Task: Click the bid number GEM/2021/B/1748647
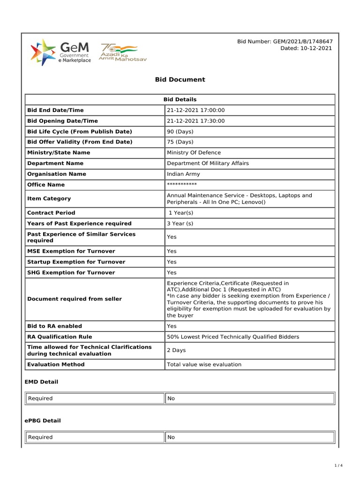(285, 42)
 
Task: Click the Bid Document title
(180, 80)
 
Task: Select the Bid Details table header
(180, 99)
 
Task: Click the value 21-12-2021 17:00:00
(196, 110)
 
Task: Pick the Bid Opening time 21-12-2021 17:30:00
(196, 121)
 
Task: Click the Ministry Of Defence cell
(194, 153)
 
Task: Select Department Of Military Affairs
(208, 164)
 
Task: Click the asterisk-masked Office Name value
(182, 185)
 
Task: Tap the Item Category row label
(49, 199)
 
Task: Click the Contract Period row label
(51, 213)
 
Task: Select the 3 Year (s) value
(180, 224)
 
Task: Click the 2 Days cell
(176, 350)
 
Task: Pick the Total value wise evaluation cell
(204, 365)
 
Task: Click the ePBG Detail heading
(43, 421)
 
